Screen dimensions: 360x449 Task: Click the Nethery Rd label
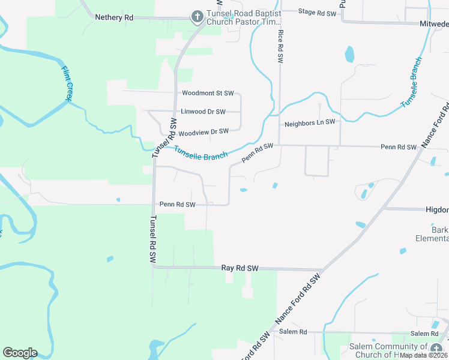[114, 17]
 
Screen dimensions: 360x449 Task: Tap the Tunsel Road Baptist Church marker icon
[197, 17]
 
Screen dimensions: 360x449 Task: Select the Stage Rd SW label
[317, 11]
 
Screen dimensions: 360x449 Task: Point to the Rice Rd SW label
[280, 47]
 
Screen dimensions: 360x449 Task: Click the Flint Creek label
[67, 83]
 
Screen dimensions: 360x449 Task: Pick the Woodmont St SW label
[208, 93]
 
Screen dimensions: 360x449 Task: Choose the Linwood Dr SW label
[203, 112]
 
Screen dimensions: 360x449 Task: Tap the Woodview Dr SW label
[203, 131]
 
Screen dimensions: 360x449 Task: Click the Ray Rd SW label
[240, 268]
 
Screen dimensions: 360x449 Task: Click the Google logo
[20, 353]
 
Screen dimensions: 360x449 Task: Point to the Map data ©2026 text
[424, 355]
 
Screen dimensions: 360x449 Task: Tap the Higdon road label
[436, 209]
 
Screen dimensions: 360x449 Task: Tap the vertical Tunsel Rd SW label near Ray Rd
[153, 239]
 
